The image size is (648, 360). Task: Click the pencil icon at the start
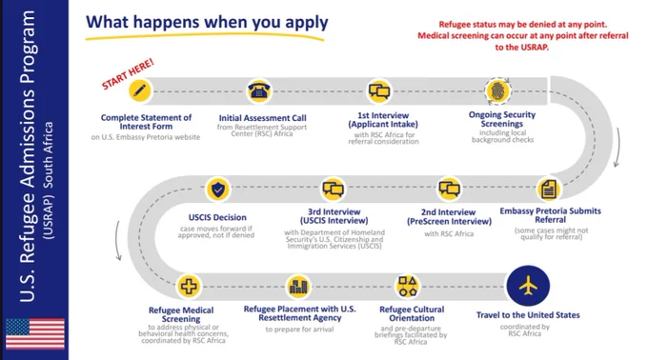[x=140, y=90]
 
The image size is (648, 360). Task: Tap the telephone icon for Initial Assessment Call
[x=259, y=90]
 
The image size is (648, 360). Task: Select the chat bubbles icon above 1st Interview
[x=379, y=90]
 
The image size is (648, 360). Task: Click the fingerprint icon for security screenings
[x=498, y=90]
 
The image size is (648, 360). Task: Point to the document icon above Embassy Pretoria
[x=549, y=190]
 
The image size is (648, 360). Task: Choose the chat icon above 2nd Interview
[x=449, y=189]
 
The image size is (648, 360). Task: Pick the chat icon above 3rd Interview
[x=334, y=190]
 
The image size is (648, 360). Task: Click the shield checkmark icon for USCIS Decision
[x=218, y=190]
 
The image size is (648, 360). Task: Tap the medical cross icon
[x=189, y=286]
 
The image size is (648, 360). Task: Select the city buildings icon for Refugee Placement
[x=298, y=286]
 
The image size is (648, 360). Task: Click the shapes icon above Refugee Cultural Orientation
[x=408, y=286]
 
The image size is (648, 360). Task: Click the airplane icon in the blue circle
[x=528, y=286]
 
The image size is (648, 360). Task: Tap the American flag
[x=35, y=333]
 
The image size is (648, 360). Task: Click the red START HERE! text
[x=128, y=73]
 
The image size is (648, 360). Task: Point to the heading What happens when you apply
[x=207, y=22]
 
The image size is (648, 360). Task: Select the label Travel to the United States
[x=528, y=315]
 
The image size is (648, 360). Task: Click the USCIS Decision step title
[x=217, y=217]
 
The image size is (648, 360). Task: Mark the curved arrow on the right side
[x=618, y=148]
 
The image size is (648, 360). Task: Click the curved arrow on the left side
[x=117, y=241]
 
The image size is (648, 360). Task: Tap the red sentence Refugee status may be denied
[x=523, y=25]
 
